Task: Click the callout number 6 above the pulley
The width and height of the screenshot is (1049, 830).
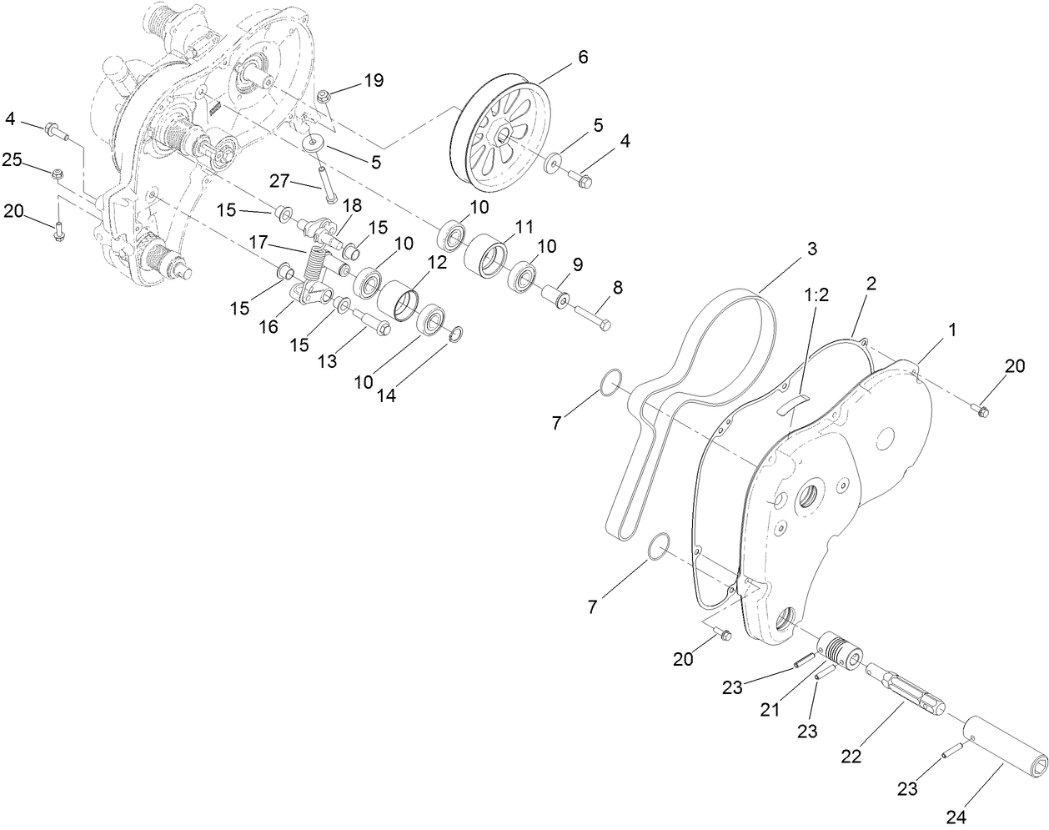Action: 582,57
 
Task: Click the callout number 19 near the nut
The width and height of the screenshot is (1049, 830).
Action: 373,80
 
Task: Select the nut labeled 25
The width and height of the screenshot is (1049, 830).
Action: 58,174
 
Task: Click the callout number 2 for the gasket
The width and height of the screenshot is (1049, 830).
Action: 871,282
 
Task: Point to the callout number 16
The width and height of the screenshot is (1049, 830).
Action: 268,326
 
